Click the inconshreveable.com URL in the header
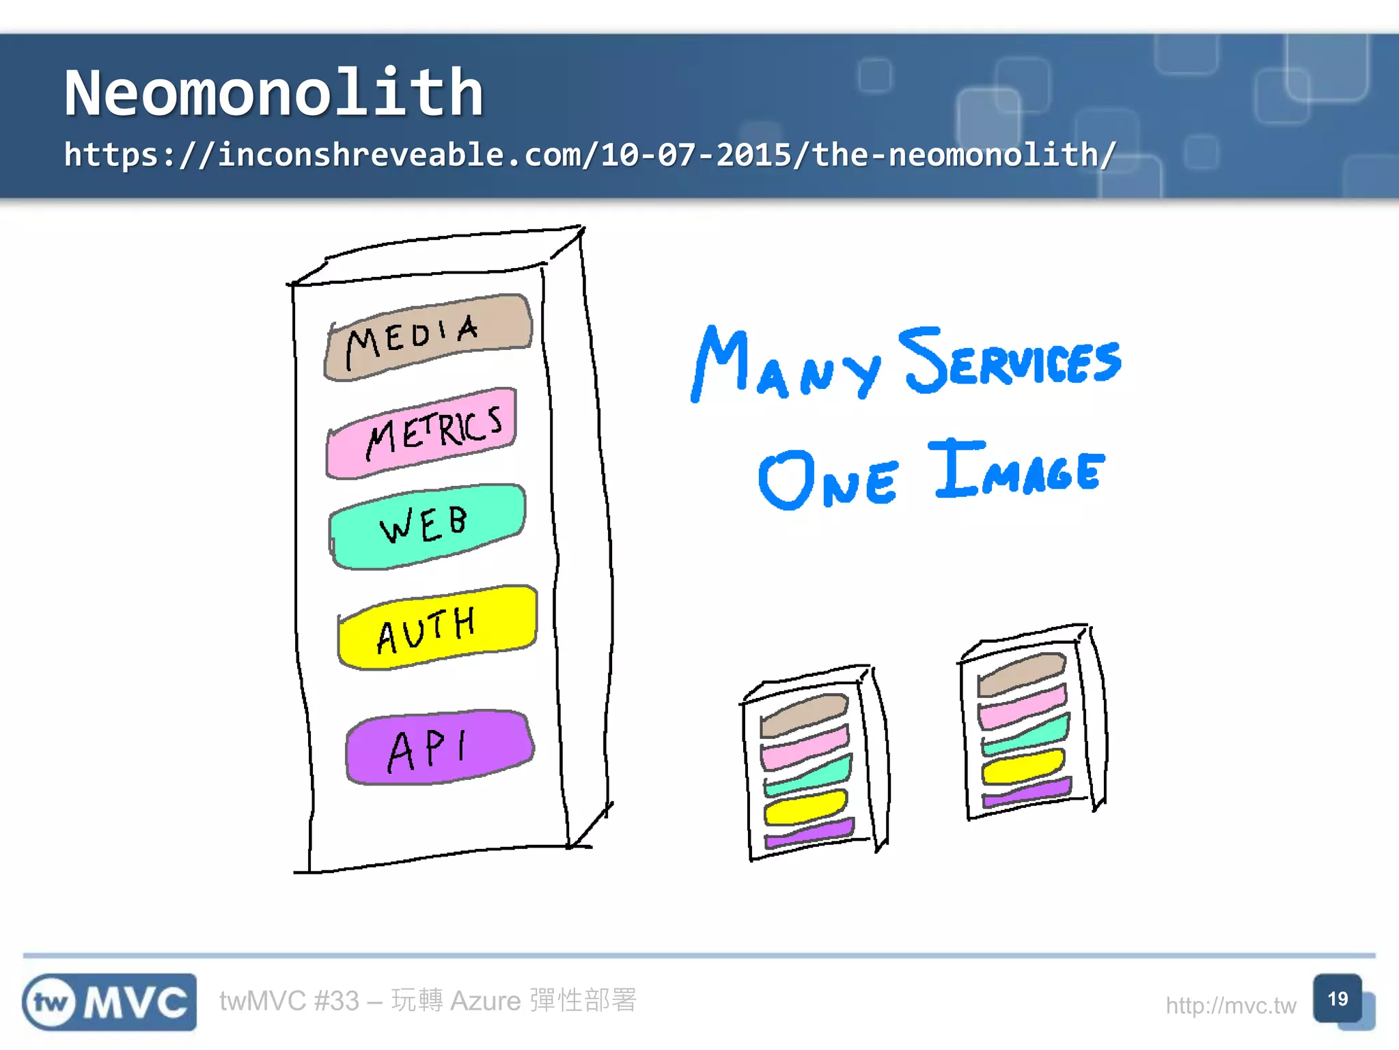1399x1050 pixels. [x=590, y=154]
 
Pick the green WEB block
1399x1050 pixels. [x=428, y=525]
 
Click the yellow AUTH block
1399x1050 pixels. [x=437, y=626]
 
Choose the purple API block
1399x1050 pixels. [x=439, y=746]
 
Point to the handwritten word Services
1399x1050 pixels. [x=1010, y=360]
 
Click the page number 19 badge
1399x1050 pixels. [x=1338, y=999]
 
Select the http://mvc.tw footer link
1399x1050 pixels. [x=1230, y=1006]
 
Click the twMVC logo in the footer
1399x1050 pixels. [x=109, y=1001]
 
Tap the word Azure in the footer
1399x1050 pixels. [x=486, y=1001]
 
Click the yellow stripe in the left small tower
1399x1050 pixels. [x=805, y=807]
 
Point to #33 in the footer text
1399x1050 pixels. [x=336, y=1001]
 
